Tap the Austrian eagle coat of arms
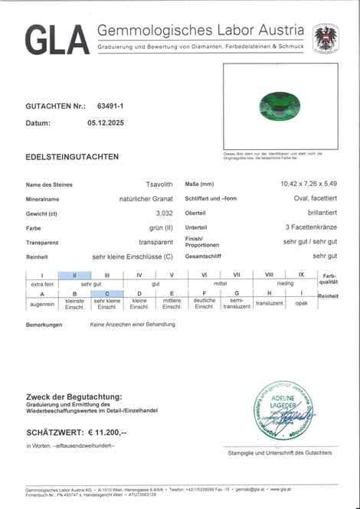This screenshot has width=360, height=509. click(325, 38)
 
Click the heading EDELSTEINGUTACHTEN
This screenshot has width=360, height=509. click(72, 157)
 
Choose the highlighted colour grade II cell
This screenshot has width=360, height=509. click(74, 275)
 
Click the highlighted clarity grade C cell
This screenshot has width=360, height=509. click(106, 293)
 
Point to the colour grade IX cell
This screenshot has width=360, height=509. click(301, 275)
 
